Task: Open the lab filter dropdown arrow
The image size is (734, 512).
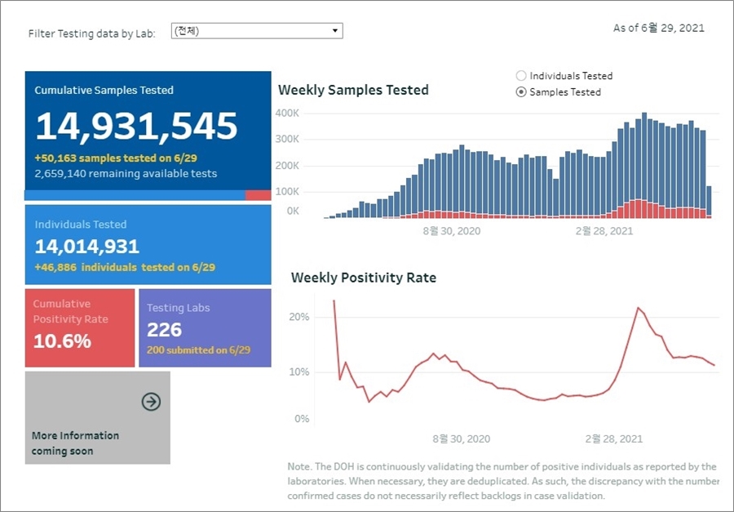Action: (334, 31)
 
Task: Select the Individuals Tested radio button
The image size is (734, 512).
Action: (522, 76)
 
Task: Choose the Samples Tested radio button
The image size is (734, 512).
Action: (522, 92)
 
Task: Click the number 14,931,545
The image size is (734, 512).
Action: (136, 127)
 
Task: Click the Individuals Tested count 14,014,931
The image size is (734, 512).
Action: (87, 246)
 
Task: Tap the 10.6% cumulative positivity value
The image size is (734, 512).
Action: (62, 341)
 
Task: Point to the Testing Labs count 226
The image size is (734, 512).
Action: (164, 330)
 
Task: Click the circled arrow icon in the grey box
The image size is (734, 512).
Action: (151, 401)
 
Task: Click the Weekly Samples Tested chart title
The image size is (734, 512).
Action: (353, 90)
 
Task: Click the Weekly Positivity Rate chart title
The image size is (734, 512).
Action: (364, 278)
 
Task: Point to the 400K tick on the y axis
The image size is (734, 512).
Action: (288, 113)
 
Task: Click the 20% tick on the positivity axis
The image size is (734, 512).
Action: (299, 317)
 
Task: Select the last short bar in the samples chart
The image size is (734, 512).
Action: (709, 201)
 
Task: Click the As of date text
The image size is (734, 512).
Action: (658, 29)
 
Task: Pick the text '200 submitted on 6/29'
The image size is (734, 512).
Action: (198, 350)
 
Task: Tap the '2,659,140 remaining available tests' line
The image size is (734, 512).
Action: (126, 174)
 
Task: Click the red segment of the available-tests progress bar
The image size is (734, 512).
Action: (258, 195)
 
